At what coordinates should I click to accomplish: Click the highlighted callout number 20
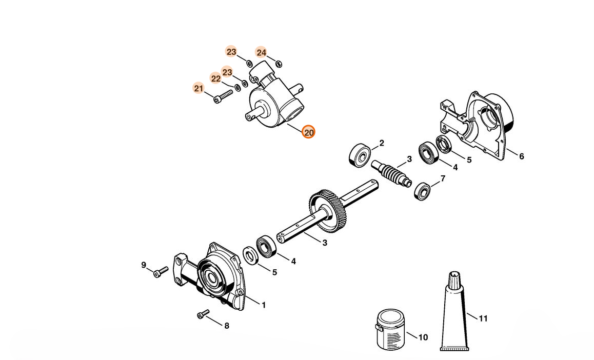tap(308, 132)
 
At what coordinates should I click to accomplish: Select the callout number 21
tap(199, 88)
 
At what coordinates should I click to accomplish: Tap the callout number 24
tap(261, 52)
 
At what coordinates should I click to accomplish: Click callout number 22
tap(216, 78)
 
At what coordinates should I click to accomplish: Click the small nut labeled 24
tap(278, 64)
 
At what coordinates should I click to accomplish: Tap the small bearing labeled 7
tap(423, 191)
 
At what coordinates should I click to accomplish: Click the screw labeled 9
tap(161, 271)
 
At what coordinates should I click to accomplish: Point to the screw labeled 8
tap(203, 314)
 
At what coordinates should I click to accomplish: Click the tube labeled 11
tap(454, 313)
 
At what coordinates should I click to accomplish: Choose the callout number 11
tap(483, 318)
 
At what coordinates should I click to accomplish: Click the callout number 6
tap(521, 156)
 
